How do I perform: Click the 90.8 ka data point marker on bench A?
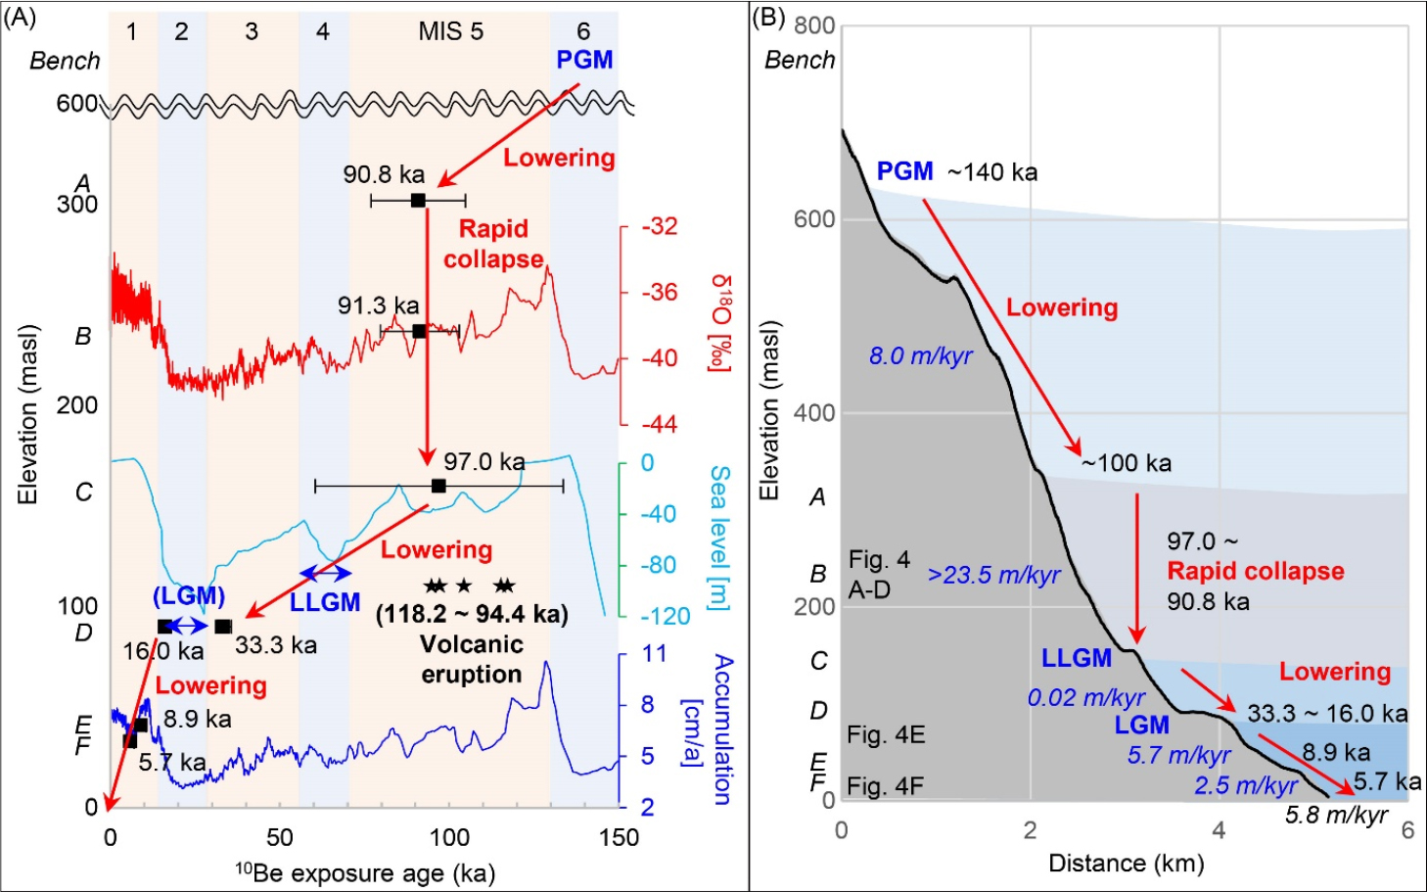coord(418,201)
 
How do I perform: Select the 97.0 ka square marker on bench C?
coord(438,487)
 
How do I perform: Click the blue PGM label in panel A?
coord(584,60)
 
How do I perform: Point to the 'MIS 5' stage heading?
coord(450,31)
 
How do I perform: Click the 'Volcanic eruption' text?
coord(471,659)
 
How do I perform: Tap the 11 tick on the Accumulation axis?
coord(653,654)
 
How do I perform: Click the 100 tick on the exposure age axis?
coord(449,838)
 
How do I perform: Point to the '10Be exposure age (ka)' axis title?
coord(364,872)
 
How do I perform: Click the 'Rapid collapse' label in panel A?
coord(493,244)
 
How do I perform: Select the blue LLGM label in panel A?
coord(325,602)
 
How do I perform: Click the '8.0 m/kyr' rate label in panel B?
coord(920,356)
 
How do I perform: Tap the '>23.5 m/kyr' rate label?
coord(993,575)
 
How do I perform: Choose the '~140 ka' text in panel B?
coord(992,172)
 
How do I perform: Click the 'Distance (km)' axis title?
coord(1126,864)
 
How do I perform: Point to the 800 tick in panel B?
coord(813,25)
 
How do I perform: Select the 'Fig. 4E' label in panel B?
coord(886,735)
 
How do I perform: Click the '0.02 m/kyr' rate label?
coord(1085,698)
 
